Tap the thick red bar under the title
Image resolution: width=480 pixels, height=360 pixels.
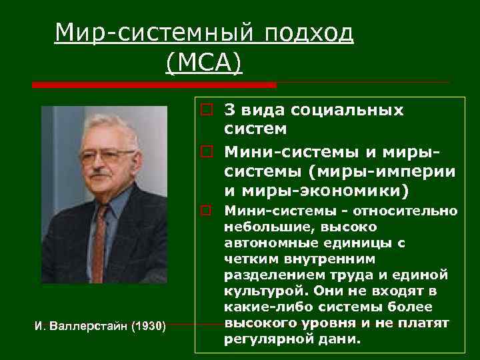coord(154,85)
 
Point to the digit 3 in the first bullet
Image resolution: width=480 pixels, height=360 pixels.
coord(229,110)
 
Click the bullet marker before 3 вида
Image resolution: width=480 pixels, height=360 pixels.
coord(208,111)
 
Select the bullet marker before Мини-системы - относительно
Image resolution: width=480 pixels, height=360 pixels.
coord(208,212)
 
